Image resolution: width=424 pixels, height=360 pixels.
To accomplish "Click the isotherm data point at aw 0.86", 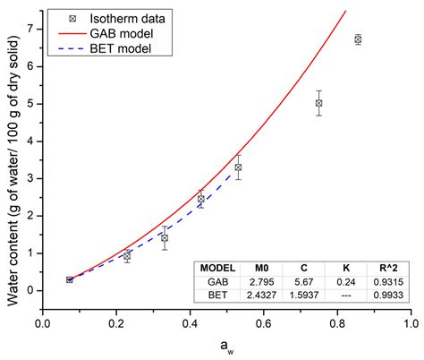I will (358, 39).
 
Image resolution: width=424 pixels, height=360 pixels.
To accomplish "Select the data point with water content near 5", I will (318, 103).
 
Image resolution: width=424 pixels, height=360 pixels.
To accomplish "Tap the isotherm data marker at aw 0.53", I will (238, 167).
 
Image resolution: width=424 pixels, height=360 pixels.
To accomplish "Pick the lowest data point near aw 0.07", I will (69, 279).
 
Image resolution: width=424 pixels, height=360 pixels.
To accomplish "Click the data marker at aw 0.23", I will (127, 256).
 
